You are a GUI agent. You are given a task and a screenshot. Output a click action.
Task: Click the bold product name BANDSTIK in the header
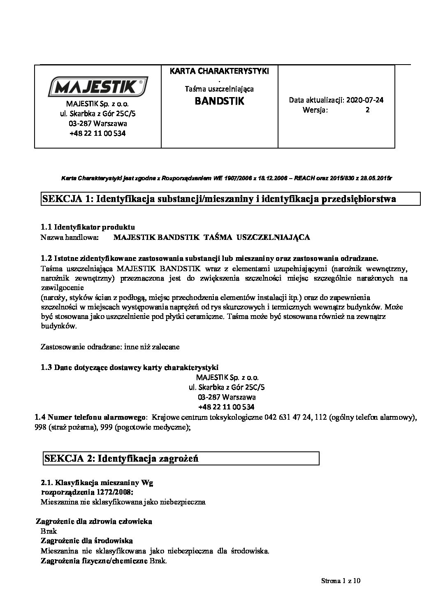coord(220,101)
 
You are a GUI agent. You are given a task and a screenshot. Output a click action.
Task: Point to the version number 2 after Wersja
coord(368,110)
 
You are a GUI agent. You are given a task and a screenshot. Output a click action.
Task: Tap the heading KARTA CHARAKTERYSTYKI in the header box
coord(219,71)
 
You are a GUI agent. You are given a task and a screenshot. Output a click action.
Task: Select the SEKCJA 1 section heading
coord(219,199)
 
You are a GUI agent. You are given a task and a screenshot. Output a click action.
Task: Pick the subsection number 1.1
coord(46,227)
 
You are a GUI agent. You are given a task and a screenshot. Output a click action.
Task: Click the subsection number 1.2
coord(46,258)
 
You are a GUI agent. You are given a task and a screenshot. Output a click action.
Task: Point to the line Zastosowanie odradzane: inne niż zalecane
coord(110,347)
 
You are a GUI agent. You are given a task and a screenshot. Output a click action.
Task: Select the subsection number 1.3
coord(46,367)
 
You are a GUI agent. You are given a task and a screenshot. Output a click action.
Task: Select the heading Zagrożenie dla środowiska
coord(86,540)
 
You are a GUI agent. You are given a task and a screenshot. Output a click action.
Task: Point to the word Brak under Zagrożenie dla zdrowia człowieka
coord(49,531)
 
